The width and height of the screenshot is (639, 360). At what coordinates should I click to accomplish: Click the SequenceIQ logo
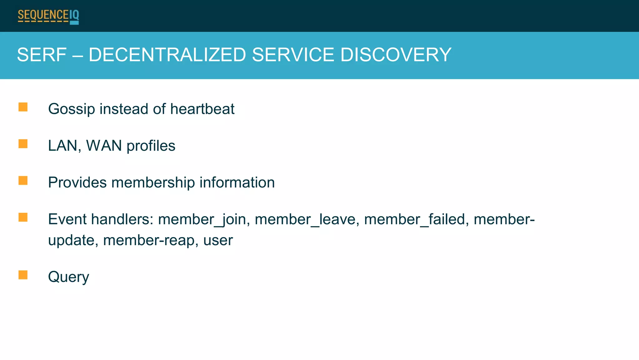[x=48, y=16]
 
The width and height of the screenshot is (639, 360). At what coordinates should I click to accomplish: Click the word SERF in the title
[x=42, y=55]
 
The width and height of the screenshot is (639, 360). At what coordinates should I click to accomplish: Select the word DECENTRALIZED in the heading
[x=167, y=55]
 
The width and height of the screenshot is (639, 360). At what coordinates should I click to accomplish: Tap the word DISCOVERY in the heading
[x=396, y=55]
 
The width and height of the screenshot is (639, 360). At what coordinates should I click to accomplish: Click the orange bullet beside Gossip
[x=23, y=107]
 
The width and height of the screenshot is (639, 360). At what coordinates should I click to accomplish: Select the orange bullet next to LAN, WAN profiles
[x=23, y=144]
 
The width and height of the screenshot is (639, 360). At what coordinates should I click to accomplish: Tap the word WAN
[x=104, y=146]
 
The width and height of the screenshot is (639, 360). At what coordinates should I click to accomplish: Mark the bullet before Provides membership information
[x=23, y=181]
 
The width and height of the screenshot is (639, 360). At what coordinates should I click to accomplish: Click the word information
[x=237, y=182]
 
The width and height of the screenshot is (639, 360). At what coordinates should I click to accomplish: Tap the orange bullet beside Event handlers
[x=23, y=217]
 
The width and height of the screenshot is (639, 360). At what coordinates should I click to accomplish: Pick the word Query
[x=69, y=277]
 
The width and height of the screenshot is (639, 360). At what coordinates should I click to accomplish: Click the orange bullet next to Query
[x=23, y=275]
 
